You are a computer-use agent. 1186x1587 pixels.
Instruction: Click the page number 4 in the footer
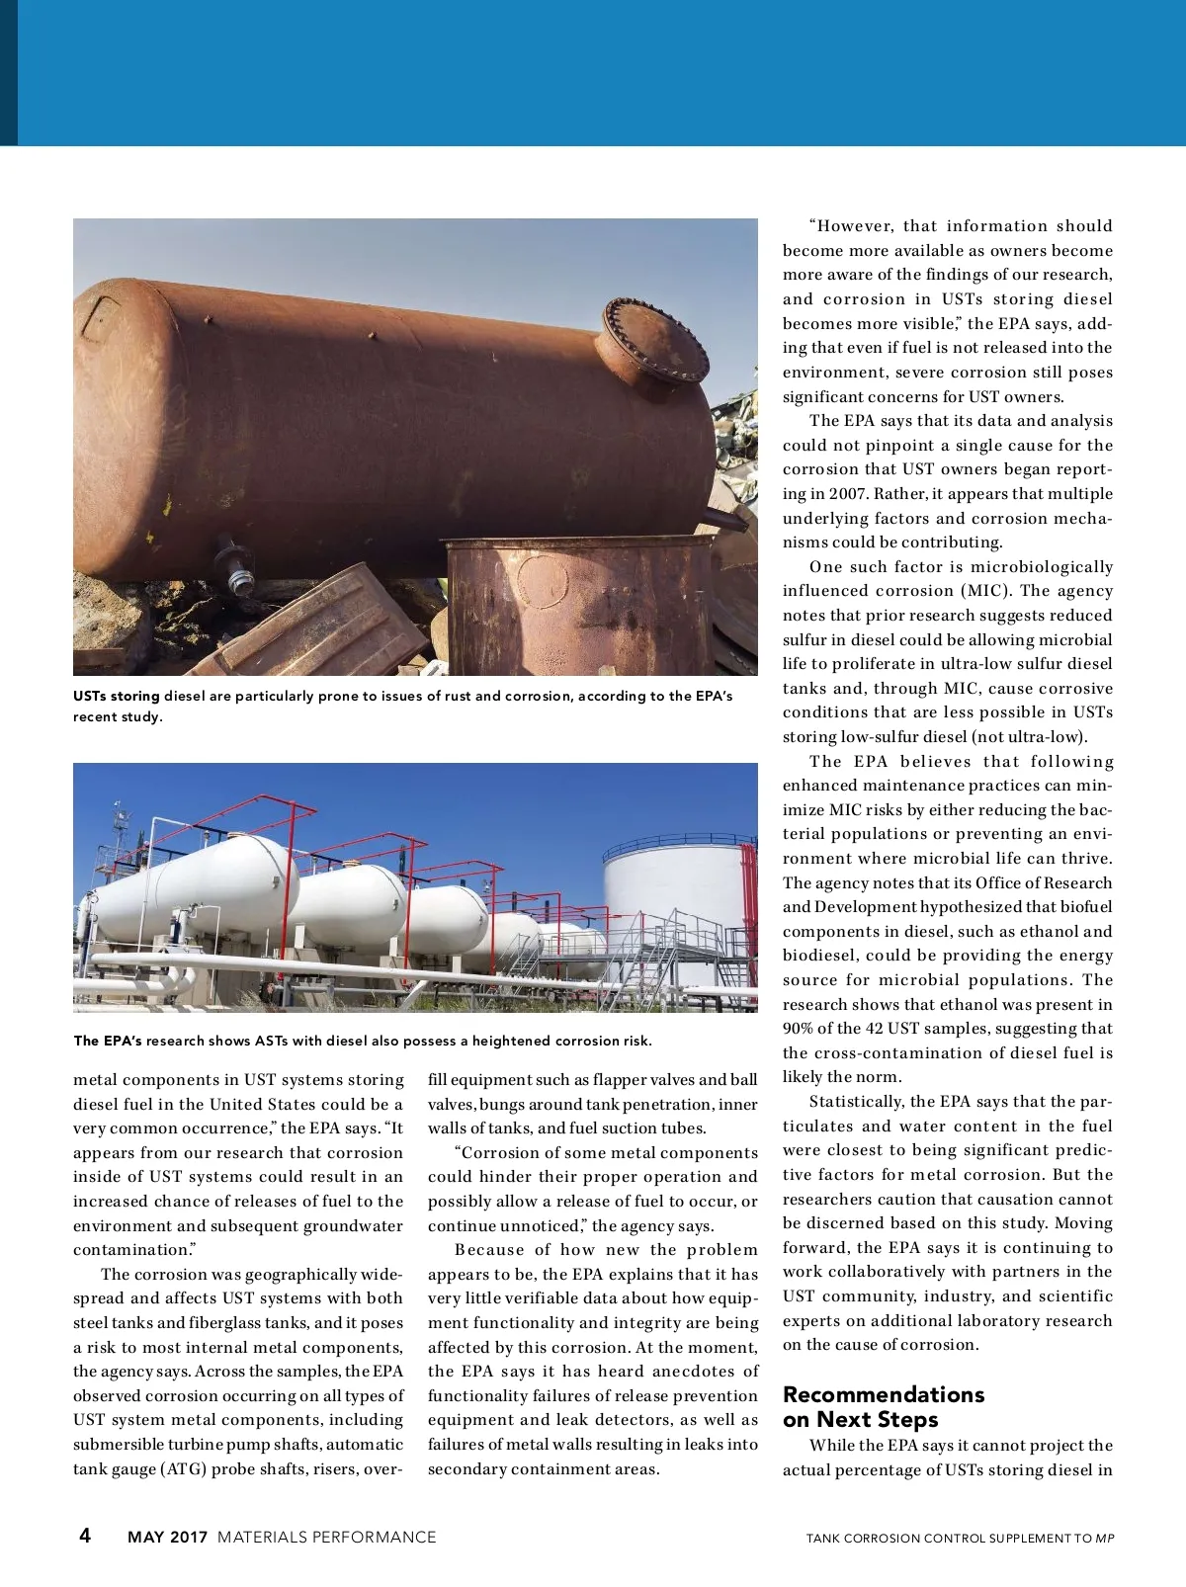pyautogui.click(x=85, y=1535)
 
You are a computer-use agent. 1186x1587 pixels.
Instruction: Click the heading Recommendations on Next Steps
pyautogui.click(x=883, y=1407)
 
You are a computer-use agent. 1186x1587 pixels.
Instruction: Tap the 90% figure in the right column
pyautogui.click(x=798, y=1029)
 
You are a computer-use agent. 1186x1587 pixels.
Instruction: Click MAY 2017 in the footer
pyautogui.click(x=167, y=1537)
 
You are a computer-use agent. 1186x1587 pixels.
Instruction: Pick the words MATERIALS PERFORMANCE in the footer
pyautogui.click(x=326, y=1537)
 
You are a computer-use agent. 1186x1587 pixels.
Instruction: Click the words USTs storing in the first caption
pyautogui.click(x=116, y=696)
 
